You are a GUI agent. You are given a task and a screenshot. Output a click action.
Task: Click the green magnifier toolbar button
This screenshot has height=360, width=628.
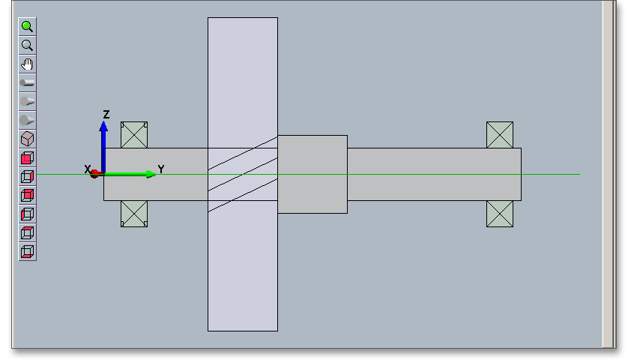click(x=28, y=26)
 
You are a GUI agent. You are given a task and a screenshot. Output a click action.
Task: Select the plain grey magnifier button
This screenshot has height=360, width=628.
click(x=28, y=45)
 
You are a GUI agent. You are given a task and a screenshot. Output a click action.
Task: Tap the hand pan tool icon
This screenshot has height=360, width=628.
click(x=28, y=64)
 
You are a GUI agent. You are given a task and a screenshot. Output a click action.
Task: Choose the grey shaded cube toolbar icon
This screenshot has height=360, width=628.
click(x=28, y=139)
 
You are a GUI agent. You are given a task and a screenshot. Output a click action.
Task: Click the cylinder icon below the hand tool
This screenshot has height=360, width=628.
click(x=28, y=82)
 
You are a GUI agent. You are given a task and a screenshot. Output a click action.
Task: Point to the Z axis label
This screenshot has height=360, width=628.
click(x=106, y=115)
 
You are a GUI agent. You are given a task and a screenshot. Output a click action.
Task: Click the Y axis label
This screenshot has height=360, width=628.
click(x=161, y=169)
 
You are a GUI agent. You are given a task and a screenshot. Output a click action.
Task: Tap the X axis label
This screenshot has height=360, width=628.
click(x=88, y=169)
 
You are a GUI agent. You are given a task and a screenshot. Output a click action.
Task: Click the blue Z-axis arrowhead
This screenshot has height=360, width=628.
click(x=103, y=126)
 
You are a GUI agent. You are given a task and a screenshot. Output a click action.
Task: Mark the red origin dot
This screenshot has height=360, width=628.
click(x=95, y=174)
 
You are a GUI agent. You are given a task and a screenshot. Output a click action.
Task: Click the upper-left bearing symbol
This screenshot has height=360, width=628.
click(x=134, y=135)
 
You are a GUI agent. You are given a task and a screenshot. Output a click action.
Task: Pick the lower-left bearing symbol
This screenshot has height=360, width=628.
click(x=134, y=213)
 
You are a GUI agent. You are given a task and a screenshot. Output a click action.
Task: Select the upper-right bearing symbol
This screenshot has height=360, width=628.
click(x=500, y=135)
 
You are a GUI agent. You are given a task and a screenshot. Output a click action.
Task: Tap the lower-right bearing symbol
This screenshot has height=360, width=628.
click(x=500, y=213)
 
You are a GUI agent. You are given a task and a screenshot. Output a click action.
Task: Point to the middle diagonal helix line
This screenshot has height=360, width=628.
click(x=243, y=174)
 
